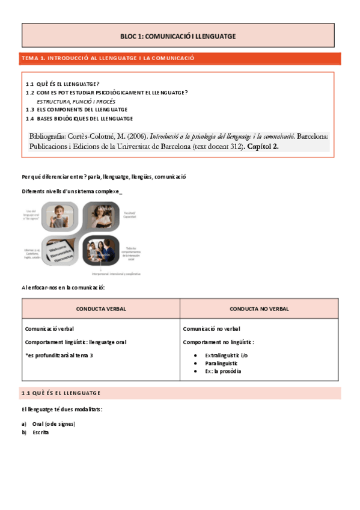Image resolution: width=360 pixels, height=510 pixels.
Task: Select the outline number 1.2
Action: [x=30, y=93]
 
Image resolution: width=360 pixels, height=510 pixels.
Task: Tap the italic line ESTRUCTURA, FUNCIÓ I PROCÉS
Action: [x=76, y=101]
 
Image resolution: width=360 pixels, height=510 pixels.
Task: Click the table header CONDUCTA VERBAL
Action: [x=100, y=309]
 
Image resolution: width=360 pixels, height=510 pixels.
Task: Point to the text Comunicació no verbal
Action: [x=212, y=329]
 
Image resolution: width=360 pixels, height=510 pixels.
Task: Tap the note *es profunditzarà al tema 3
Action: [x=59, y=355]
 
